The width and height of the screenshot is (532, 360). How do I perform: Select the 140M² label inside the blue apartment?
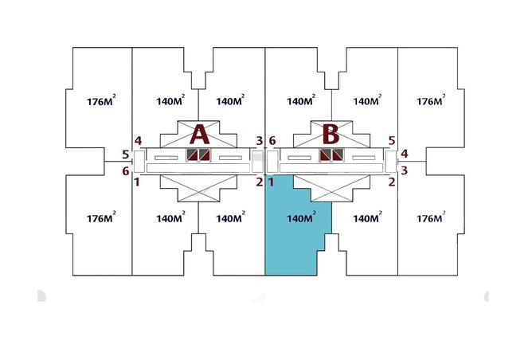coord(301,217)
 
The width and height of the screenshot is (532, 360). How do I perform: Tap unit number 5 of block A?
coord(126,155)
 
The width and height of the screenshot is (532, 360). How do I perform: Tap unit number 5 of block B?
coord(392,140)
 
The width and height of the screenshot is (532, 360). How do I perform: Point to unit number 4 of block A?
coord(138,141)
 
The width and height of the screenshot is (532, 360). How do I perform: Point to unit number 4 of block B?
coord(404,154)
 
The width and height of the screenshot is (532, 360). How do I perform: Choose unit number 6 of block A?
coord(126,171)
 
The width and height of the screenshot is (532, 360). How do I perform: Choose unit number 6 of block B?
coord(272,141)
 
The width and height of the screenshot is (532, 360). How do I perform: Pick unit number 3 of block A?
coord(260,141)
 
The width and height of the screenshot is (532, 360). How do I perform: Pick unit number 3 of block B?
coord(404,170)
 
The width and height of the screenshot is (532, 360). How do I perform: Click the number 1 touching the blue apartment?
coord(271,182)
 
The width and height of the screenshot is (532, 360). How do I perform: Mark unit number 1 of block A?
coord(137,182)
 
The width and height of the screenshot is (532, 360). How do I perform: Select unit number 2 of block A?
coord(260,182)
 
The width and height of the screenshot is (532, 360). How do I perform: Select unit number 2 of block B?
coord(392,182)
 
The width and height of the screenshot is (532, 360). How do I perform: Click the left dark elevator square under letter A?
coord(192,155)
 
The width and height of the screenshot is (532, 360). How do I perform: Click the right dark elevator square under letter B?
coord(338,155)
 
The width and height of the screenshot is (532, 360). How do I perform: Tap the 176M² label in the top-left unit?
coord(101,100)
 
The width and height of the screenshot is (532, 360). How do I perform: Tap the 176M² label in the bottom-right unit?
coord(431,217)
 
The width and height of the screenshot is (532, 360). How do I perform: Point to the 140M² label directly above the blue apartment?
coord(301,100)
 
